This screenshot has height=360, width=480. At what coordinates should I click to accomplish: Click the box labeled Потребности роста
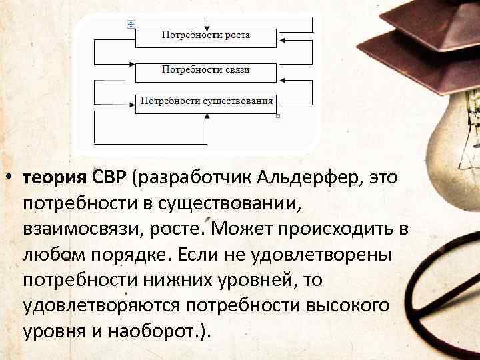click(206, 37)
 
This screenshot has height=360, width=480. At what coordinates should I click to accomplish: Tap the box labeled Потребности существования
click(206, 103)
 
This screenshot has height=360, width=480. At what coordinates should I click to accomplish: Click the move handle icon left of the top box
click(130, 23)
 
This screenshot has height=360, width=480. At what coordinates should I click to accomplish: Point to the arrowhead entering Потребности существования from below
click(207, 117)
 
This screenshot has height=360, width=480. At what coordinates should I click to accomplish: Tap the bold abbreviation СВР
click(110, 178)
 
